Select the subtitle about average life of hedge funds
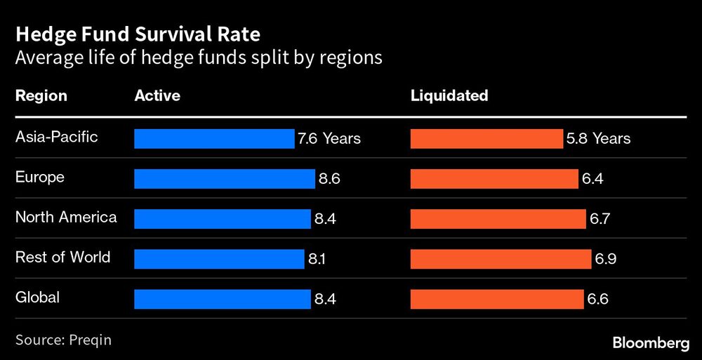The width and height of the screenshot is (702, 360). click(199, 58)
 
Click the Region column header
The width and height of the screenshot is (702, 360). click(41, 95)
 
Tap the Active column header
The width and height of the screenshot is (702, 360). click(157, 95)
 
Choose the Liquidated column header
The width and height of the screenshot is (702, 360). click(449, 95)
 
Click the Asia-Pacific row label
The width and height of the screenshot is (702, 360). click(57, 137)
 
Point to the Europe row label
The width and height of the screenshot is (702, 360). click(40, 177)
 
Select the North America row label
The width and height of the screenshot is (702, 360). click(66, 217)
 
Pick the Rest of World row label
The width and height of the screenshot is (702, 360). click(62, 257)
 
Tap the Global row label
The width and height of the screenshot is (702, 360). click(37, 298)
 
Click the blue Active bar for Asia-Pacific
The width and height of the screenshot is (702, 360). click(214, 139)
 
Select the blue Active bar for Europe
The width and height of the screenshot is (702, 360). click(224, 179)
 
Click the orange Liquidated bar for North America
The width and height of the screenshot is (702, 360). click(498, 219)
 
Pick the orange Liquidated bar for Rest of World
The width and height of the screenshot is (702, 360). click(501, 259)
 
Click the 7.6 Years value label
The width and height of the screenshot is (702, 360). click(329, 139)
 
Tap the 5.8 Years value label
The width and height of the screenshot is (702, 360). click(598, 139)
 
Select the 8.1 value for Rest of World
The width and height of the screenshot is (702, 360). click(317, 259)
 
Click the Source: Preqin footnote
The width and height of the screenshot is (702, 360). click(63, 340)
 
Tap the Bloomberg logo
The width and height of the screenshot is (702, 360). click(649, 342)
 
